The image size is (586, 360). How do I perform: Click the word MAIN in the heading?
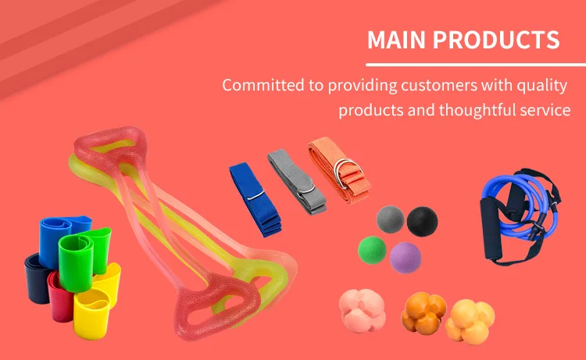tap(396, 40)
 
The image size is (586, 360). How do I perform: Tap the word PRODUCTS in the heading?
tap(496, 40)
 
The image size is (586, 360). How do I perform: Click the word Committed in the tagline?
tap(263, 85)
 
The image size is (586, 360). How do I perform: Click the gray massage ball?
tap(390, 219)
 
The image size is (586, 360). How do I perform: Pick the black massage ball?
tap(422, 222)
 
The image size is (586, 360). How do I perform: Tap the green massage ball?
tap(372, 250)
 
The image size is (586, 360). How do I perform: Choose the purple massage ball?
tap(406, 258)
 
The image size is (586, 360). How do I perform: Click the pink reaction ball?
tap(362, 311)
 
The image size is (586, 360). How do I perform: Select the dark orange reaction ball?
tap(423, 313)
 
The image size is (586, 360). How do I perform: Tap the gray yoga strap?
tap(297, 182)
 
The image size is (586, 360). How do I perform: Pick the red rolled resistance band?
tap(61, 297)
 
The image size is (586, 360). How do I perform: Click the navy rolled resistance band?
tap(37, 278)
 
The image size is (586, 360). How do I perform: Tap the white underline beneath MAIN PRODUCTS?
tap(476, 65)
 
